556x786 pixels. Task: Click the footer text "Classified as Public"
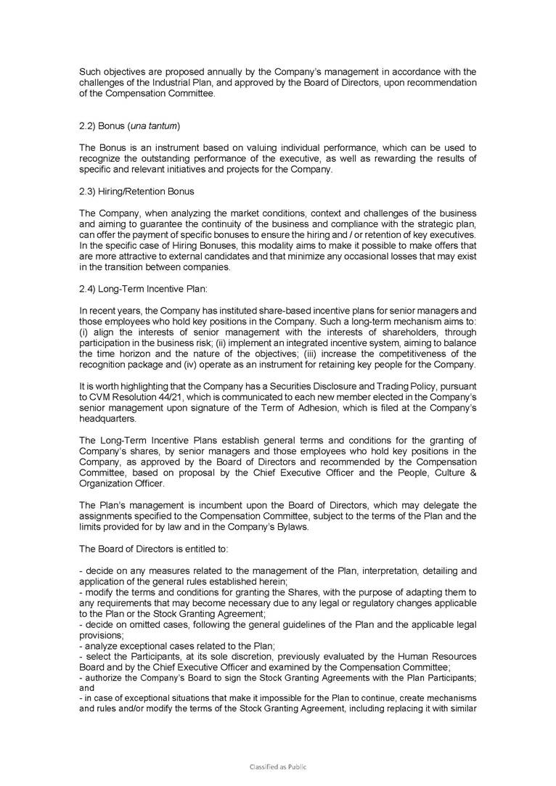[278, 766]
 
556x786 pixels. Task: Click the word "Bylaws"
[273, 528]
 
